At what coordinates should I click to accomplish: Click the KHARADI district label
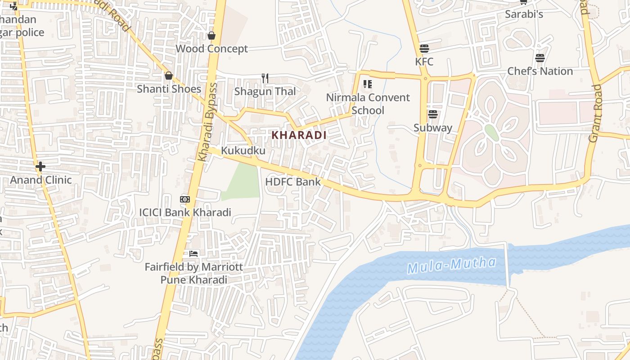click(x=299, y=135)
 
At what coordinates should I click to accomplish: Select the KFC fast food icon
click(x=424, y=48)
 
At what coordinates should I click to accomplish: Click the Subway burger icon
click(x=433, y=114)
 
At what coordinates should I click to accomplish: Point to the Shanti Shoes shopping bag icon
click(x=169, y=76)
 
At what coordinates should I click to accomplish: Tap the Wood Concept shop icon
click(x=211, y=36)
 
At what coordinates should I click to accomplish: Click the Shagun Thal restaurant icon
click(x=265, y=78)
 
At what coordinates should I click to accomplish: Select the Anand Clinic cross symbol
click(x=40, y=166)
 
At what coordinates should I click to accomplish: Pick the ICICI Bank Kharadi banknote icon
click(x=184, y=199)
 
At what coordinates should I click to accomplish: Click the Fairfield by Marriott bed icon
click(x=193, y=254)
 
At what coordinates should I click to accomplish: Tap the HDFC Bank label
click(x=293, y=182)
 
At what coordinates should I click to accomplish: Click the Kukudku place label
click(x=243, y=151)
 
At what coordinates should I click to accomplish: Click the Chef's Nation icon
click(x=540, y=58)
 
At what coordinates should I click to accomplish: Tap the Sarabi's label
click(x=524, y=14)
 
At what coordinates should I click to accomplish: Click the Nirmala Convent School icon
click(x=368, y=84)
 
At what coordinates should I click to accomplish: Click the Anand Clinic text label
click(x=41, y=180)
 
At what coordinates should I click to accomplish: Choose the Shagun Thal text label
click(x=265, y=91)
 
